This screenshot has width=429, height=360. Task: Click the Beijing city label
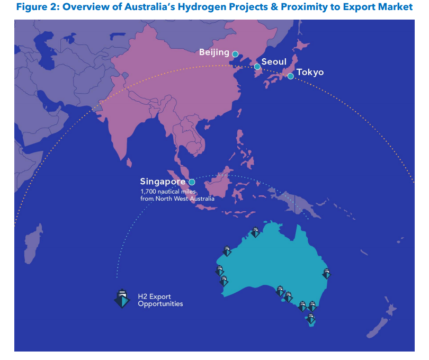click(214, 52)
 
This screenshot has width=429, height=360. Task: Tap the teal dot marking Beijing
click(235, 53)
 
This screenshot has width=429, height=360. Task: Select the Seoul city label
click(274, 62)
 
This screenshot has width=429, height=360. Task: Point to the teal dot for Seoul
click(257, 67)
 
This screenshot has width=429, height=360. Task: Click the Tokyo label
click(310, 72)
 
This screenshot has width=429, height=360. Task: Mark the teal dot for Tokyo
click(290, 76)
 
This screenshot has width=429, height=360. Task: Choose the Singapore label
click(163, 182)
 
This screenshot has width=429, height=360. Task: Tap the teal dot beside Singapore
click(192, 182)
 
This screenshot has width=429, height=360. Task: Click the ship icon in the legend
click(122, 299)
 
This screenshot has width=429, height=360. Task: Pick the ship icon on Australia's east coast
click(327, 274)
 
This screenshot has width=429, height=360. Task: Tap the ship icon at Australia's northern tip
click(255, 232)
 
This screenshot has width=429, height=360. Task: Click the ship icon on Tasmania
click(311, 318)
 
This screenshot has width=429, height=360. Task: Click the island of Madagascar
click(33, 245)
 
